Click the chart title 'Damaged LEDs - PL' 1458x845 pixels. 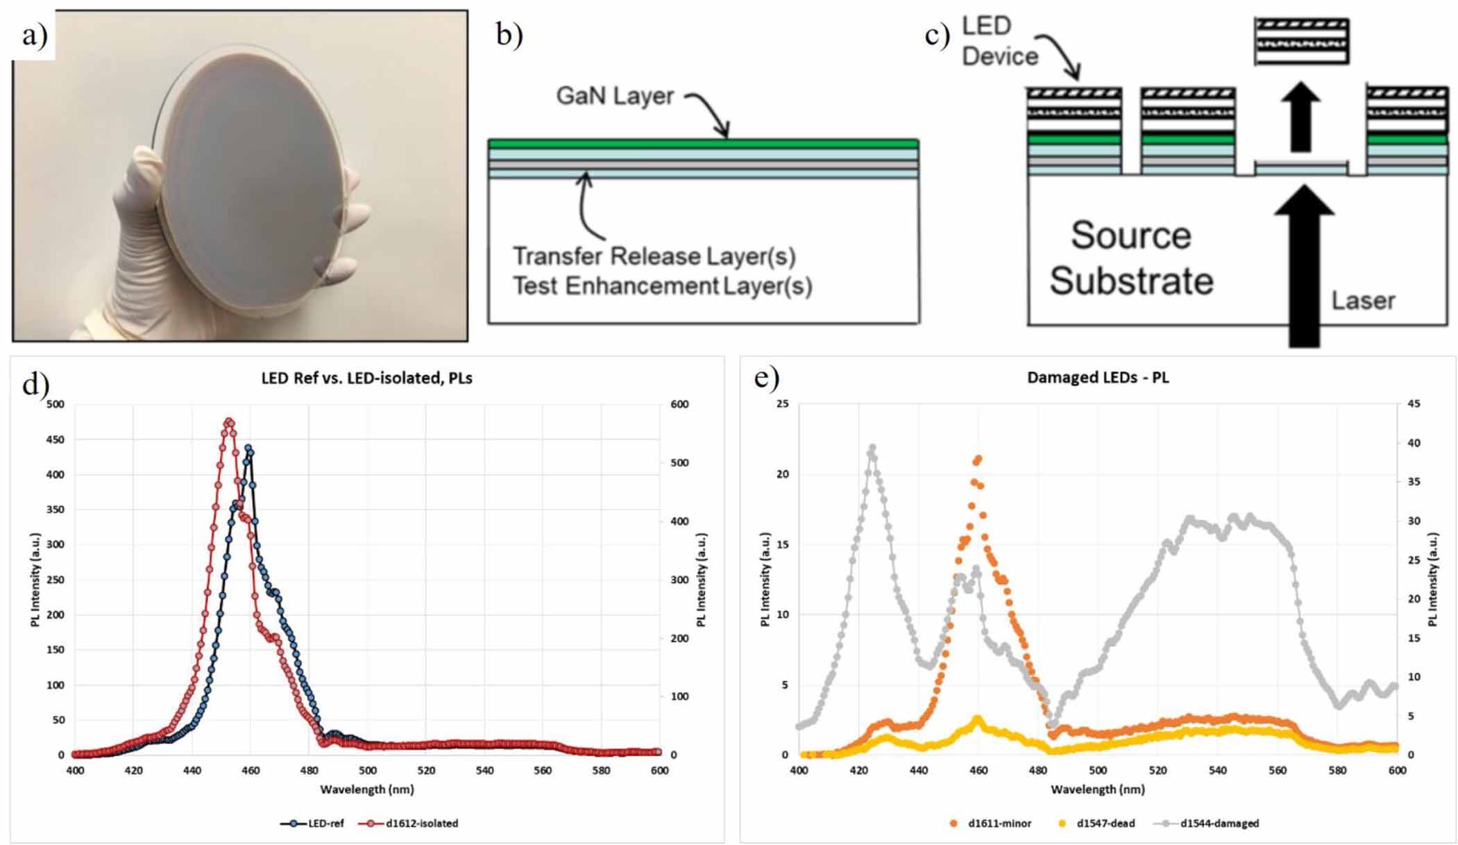tap(1097, 378)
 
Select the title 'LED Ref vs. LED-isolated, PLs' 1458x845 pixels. tap(366, 378)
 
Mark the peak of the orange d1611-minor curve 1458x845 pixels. tap(978, 458)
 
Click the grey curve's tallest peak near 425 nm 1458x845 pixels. tap(872, 449)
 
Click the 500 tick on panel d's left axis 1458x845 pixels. tap(56, 404)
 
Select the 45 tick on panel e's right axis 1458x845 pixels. tap(1414, 404)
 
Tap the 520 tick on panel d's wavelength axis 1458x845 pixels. tap(426, 771)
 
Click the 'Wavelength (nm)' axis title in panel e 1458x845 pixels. tap(1097, 789)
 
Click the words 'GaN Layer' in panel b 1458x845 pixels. tap(614, 96)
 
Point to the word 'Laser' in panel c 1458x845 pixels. tap(1363, 301)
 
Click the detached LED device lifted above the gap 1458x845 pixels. tap(1301, 42)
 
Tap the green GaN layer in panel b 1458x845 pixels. tap(703, 144)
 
